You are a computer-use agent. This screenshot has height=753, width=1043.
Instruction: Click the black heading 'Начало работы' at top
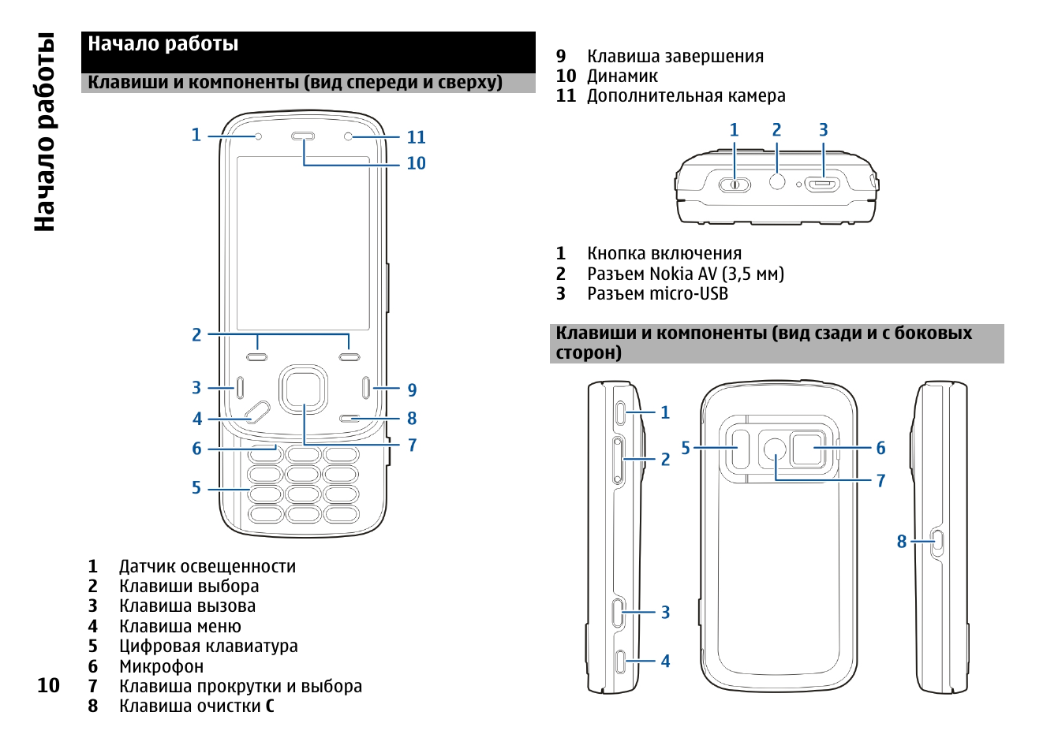[163, 44]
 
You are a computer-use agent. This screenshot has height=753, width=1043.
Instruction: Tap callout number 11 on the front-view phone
[416, 138]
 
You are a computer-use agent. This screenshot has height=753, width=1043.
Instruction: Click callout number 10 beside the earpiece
[416, 163]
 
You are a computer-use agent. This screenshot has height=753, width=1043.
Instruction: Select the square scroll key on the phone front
[303, 389]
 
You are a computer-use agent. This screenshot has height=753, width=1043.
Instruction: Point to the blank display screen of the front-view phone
[303, 243]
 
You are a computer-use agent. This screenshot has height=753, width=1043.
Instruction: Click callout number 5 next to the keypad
[196, 488]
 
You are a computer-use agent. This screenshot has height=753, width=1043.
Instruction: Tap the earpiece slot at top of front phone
[303, 136]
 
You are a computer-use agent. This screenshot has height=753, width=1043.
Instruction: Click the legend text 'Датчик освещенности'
[207, 566]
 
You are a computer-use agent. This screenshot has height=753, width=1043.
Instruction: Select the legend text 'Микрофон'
[161, 666]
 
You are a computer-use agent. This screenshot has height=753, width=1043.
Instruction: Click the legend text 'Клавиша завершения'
[675, 57]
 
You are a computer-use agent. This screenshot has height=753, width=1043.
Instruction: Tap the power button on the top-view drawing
[735, 185]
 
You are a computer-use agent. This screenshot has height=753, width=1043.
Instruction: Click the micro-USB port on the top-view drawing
[823, 185]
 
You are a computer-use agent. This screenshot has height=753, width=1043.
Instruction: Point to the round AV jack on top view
[777, 181]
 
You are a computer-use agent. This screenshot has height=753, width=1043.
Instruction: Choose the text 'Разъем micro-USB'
[657, 294]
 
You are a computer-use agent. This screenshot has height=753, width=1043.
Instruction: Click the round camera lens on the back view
[775, 449]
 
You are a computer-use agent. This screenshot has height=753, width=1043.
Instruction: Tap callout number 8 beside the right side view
[901, 542]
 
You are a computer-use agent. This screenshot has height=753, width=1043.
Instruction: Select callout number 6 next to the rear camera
[880, 448]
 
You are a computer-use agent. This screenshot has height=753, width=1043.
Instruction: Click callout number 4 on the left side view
[665, 662]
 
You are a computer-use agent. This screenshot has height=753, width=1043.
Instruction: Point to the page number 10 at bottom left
[48, 685]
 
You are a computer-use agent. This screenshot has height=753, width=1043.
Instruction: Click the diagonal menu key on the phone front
[257, 412]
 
